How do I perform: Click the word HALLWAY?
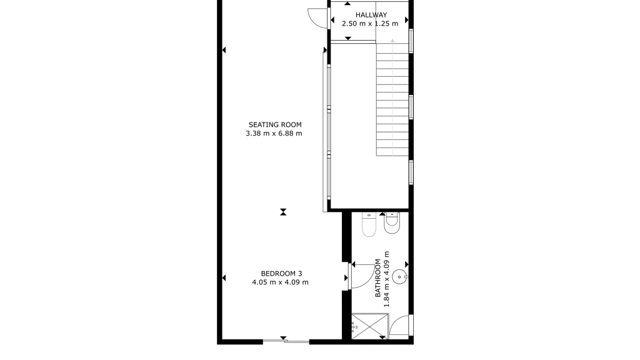[371, 15]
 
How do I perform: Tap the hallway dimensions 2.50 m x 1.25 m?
[370, 24]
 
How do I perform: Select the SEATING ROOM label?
[275, 125]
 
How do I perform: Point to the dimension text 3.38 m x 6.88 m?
[274, 134]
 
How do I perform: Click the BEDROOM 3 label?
[282, 274]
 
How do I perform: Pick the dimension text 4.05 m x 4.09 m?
[281, 282]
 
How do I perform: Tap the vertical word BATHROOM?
[378, 278]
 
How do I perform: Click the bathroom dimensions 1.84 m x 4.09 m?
[386, 279]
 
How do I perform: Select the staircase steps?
[392, 99]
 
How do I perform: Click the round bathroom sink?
[399, 277]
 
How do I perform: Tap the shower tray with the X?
[370, 326]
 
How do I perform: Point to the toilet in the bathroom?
[369, 225]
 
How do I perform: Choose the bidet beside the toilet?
[392, 223]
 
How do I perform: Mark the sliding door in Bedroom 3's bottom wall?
[286, 341]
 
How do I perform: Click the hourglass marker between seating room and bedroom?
[283, 212]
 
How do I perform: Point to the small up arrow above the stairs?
[392, 41]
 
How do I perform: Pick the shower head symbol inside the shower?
[354, 326]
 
